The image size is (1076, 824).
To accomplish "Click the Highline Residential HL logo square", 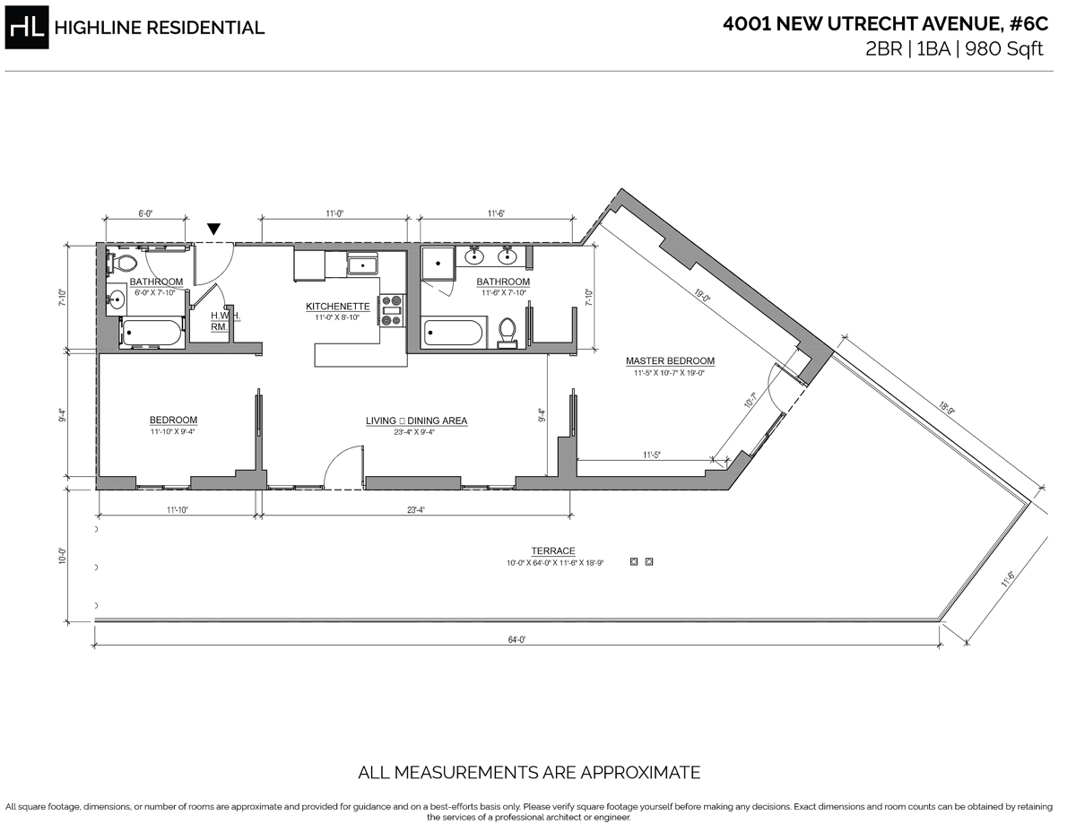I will pyautogui.click(x=27, y=27).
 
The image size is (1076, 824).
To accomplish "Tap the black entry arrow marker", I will pyautogui.click(x=213, y=230).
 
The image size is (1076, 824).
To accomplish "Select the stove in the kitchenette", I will pyautogui.click(x=392, y=309).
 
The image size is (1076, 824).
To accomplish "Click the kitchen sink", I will pyautogui.click(x=362, y=265).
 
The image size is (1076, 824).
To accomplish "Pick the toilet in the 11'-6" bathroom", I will pyautogui.click(x=508, y=330).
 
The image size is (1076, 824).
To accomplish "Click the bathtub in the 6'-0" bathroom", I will pyautogui.click(x=152, y=333).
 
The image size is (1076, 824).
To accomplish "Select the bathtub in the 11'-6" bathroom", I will pyautogui.click(x=453, y=333).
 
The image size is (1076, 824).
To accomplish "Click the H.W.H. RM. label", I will pyautogui.click(x=221, y=321).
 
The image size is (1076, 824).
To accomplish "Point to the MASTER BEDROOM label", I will pyautogui.click(x=670, y=361).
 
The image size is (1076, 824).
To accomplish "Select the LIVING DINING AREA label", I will pyautogui.click(x=416, y=421).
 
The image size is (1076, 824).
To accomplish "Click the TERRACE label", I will pyautogui.click(x=553, y=551).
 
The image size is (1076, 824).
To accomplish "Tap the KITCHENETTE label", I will pyautogui.click(x=337, y=306).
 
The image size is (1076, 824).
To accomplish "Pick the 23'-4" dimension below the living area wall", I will pyautogui.click(x=415, y=510).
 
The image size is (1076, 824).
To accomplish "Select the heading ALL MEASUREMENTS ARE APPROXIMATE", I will pyautogui.click(x=529, y=772).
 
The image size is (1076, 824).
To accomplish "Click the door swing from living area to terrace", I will pyautogui.click(x=343, y=469).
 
